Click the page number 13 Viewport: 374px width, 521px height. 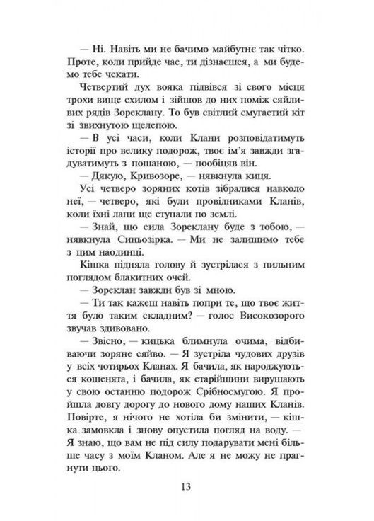187,487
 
